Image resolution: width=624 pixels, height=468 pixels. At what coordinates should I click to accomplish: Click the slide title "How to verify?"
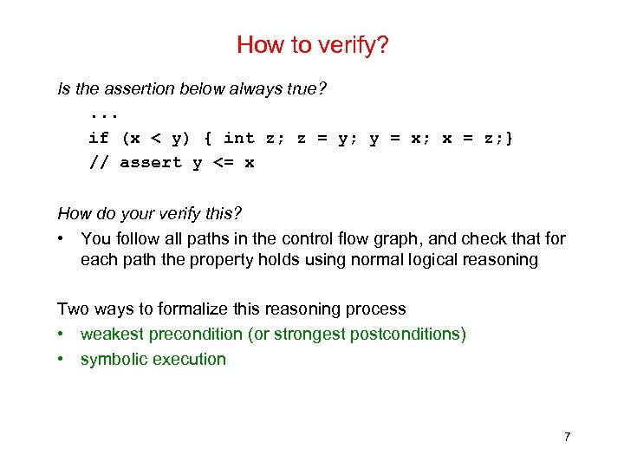point(312,45)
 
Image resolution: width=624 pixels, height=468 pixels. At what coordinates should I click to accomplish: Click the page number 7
point(567,436)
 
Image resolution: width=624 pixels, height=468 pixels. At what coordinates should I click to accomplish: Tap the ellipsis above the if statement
point(104,114)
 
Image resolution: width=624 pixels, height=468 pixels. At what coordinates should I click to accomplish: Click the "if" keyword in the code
point(99,138)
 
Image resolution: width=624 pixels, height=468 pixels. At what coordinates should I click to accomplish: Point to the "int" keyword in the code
point(239,138)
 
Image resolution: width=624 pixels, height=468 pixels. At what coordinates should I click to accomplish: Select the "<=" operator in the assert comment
point(224,163)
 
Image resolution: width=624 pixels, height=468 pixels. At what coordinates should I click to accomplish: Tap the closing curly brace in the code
point(510,138)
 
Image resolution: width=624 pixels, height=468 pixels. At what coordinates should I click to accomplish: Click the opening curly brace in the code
point(208,138)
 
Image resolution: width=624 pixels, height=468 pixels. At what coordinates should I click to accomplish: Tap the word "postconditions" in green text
point(407,334)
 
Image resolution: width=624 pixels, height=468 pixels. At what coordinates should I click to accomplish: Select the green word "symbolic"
point(111,359)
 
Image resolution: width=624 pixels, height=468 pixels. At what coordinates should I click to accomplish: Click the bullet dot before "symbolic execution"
point(62,359)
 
